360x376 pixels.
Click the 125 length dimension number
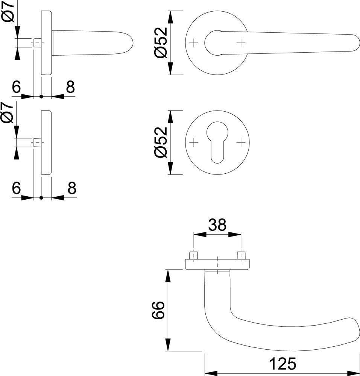point(283,364)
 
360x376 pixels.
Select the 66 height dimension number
point(158,310)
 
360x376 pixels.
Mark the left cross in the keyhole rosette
point(193,143)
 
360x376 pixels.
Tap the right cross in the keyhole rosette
point(241,143)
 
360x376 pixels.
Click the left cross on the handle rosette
point(193,43)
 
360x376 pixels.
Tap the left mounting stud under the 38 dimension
point(194,256)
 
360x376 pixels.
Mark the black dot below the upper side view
point(41,97)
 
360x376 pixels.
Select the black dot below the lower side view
point(41,198)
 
